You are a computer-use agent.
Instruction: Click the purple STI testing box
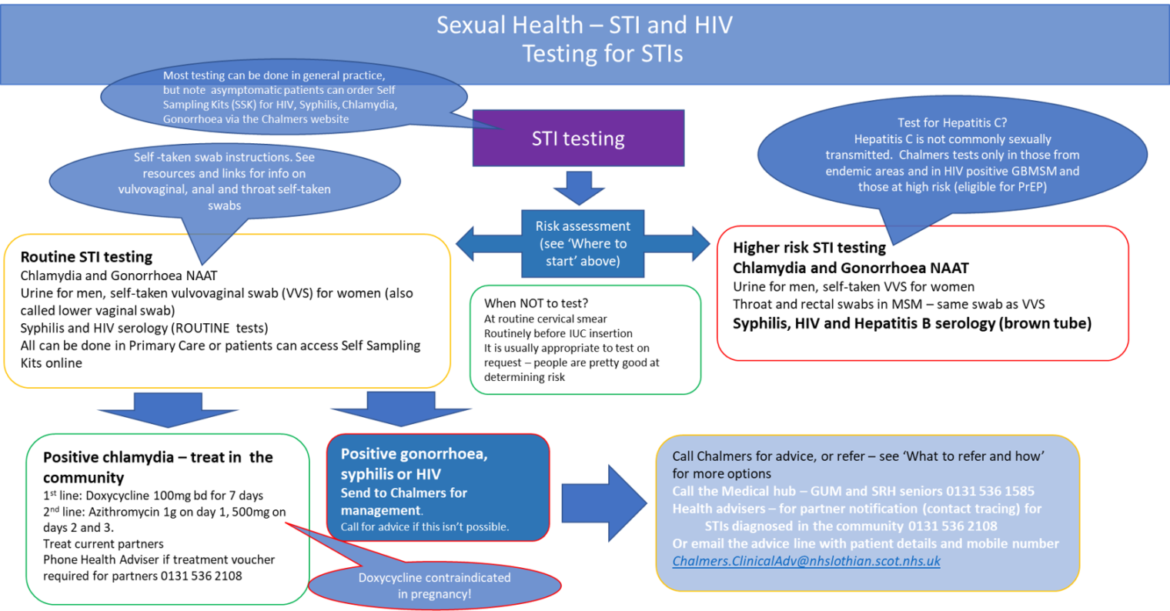578,139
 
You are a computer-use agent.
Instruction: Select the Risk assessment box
583,243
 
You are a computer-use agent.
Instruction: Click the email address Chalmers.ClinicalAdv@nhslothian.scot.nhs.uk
806,561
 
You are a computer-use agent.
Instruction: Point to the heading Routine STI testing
86,257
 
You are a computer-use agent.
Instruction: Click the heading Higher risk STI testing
809,248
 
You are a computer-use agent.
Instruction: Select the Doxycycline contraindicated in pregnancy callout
434,586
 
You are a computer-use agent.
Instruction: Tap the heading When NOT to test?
536,303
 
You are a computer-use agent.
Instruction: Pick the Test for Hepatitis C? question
952,122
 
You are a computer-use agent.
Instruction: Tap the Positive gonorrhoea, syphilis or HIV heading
414,464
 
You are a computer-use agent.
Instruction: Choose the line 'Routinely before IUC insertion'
558,333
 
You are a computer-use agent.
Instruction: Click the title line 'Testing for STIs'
602,54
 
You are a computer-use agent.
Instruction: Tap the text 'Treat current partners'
103,544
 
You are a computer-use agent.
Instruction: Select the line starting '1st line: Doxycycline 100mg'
152,496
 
